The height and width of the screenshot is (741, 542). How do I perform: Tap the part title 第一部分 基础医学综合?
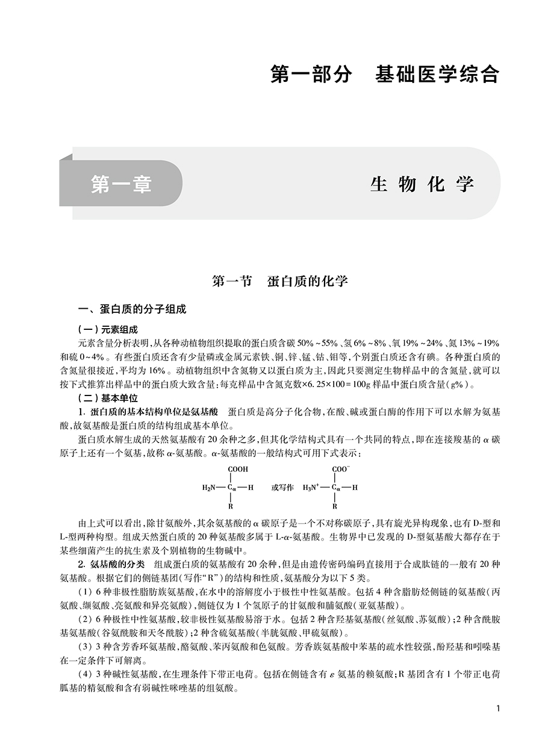[x=385, y=74]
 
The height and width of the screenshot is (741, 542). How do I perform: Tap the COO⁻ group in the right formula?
[x=341, y=468]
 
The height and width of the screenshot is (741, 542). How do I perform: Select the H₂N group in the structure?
[x=209, y=488]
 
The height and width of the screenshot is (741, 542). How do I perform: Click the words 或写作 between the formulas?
[x=281, y=488]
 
